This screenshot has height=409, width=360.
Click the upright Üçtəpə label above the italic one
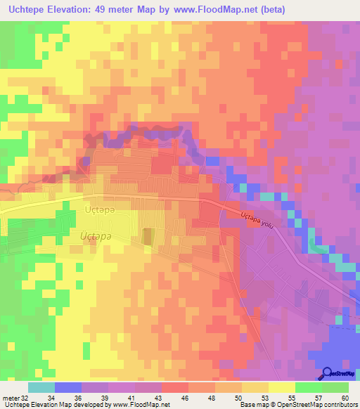point(98,209)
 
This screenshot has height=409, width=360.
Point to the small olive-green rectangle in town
point(147,236)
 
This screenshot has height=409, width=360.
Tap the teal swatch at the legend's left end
point(41,387)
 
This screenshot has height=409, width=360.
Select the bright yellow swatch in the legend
point(281,387)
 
